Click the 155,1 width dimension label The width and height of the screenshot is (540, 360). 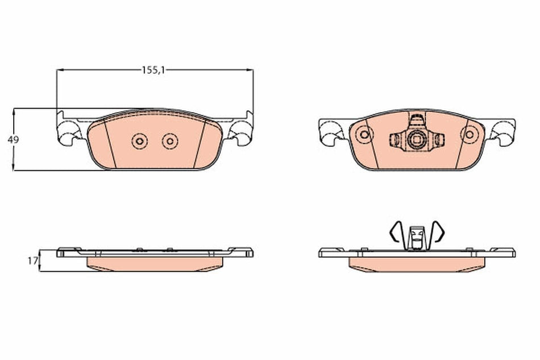(x=153, y=70)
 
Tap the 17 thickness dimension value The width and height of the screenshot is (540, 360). (x=32, y=260)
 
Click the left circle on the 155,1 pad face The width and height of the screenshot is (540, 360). (x=138, y=141)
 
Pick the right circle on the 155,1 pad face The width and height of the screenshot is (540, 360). (x=169, y=141)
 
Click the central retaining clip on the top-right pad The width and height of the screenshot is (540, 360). (x=417, y=137)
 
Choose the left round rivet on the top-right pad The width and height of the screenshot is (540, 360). (x=364, y=135)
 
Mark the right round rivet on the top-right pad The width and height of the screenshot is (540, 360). (x=469, y=135)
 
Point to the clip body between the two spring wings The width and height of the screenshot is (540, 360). (x=417, y=237)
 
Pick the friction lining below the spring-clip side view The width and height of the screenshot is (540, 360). (x=417, y=264)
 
